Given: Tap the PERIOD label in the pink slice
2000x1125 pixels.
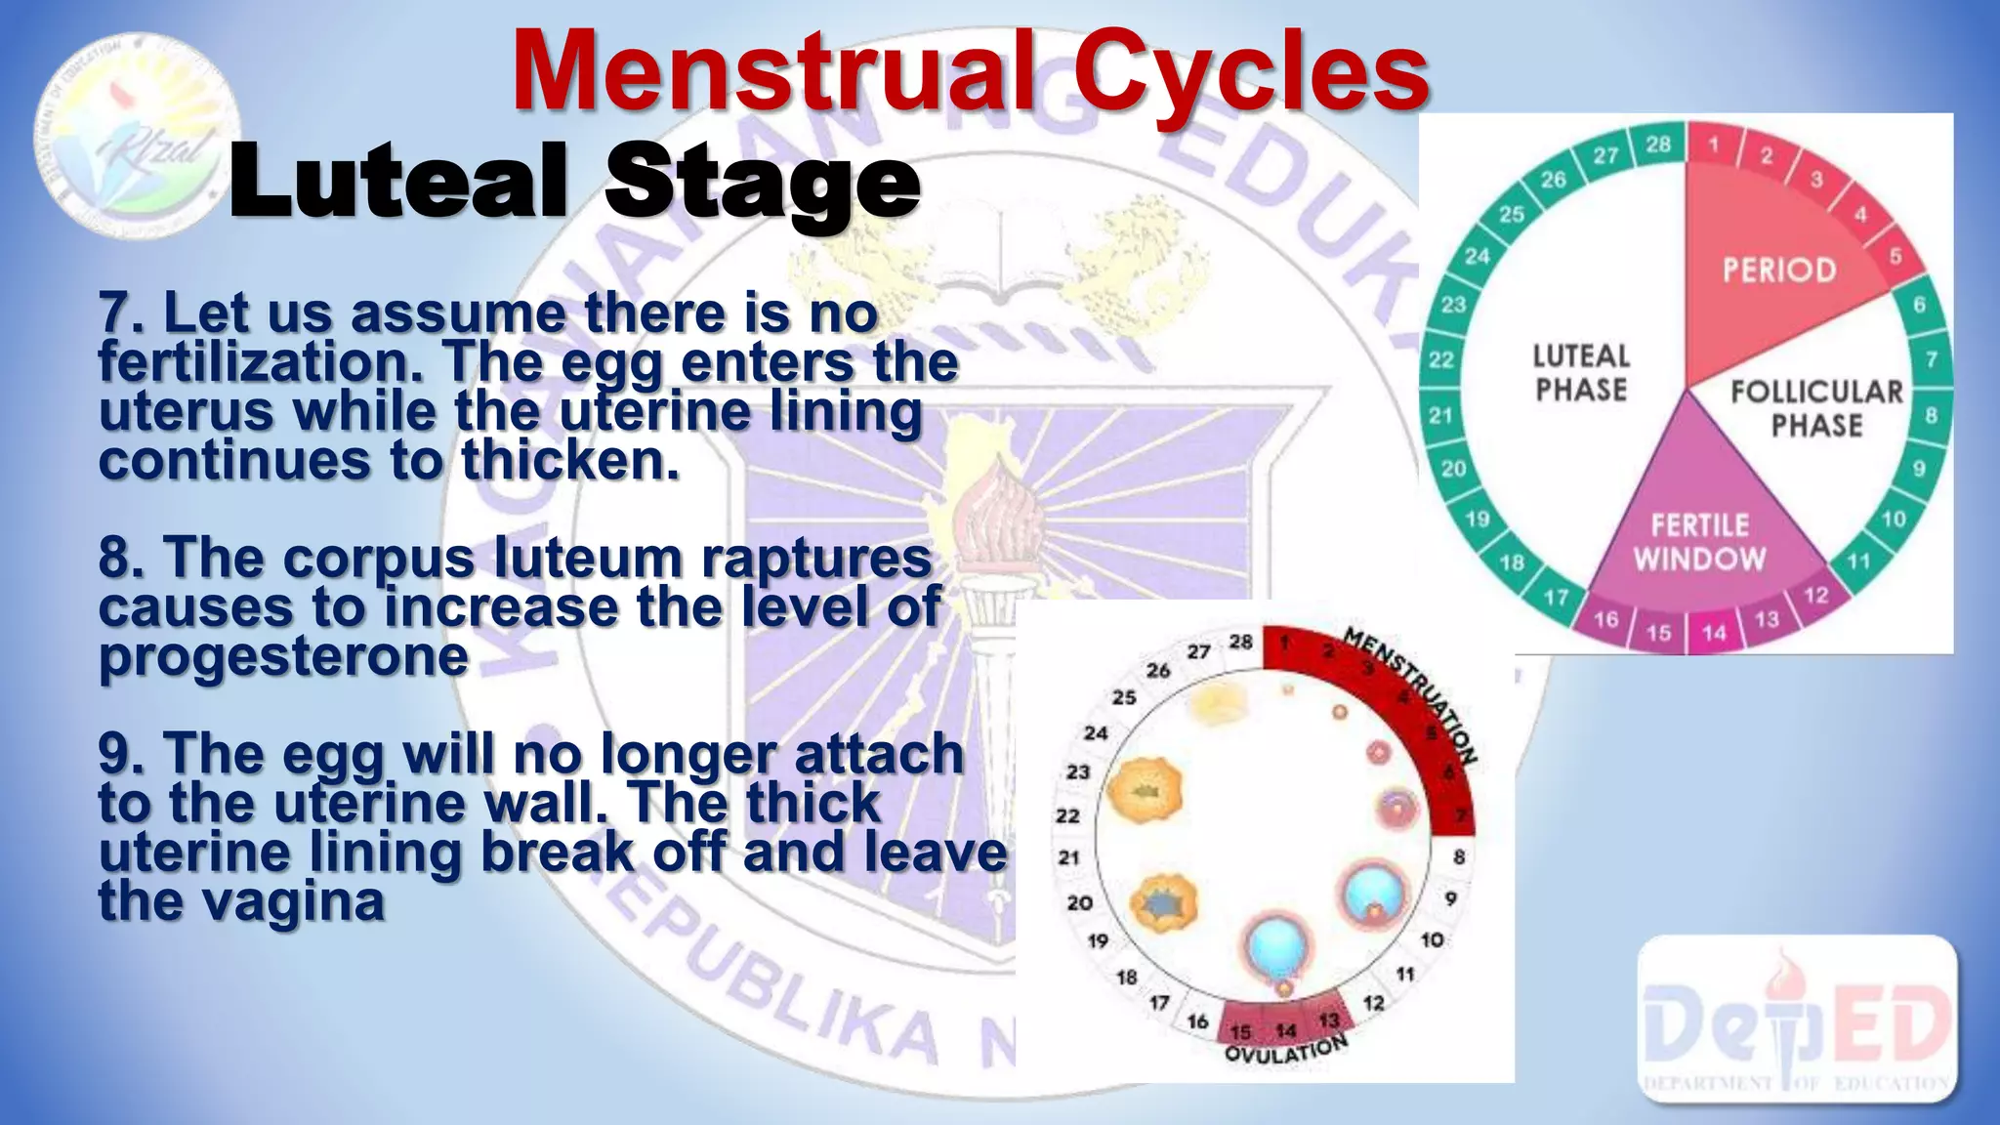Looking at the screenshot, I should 1779,270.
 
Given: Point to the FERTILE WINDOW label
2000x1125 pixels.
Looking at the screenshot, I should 1699,542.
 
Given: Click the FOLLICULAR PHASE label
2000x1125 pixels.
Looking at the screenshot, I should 1816,408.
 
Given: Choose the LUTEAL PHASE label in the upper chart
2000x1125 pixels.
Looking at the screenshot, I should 1580,372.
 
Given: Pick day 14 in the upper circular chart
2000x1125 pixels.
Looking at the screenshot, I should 1715,633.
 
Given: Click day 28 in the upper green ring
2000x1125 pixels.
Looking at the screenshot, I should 1658,145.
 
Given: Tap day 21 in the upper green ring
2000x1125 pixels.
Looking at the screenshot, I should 1440,415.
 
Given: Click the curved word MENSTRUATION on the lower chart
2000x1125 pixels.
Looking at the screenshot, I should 1411,694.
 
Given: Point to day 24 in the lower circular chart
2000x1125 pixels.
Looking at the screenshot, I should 1096,732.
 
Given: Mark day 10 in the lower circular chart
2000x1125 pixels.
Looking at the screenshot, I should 1432,939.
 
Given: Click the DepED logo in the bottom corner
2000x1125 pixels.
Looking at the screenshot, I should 1797,1021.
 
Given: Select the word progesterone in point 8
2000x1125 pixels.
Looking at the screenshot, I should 283,656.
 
